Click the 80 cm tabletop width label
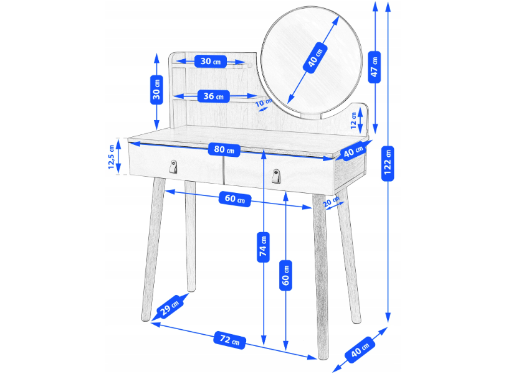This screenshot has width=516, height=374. coord(224,149)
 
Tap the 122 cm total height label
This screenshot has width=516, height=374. coord(388,163)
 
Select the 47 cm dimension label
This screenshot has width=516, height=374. coord(375,67)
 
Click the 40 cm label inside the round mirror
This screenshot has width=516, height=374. coord(315,57)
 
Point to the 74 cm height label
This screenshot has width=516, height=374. coord(263,247)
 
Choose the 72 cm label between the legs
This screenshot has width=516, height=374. coord(230,340)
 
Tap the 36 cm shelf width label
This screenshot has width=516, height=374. coord(213,96)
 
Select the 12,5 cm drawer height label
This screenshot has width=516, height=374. coord(112,157)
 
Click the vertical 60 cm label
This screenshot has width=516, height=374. coord(285,276)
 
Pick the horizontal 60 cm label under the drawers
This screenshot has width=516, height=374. coord(235,199)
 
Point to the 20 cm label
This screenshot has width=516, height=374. coord(331,201)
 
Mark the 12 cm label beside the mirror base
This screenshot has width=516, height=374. coord(354,121)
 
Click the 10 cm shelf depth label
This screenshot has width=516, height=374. coord(263,102)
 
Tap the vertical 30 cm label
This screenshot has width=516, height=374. coord(156,90)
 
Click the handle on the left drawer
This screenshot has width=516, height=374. coord(173,167)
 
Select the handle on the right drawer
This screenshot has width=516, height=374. coord(276,176)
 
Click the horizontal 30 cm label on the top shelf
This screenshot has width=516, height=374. coord(211,62)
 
